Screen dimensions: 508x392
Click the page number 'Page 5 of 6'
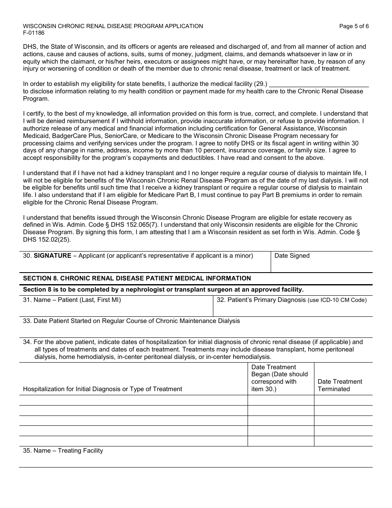pos(354,26)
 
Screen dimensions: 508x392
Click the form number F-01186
pos(34,33)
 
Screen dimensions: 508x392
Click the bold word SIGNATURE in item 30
pos(52,256)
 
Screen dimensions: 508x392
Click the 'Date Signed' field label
pos(292,256)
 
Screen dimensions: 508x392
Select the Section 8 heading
pos(137,278)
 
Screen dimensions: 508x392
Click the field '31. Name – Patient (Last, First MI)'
pos(72,300)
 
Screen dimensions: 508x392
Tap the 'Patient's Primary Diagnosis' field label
pos(261,300)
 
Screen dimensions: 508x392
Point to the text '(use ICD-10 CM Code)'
pos(337,300)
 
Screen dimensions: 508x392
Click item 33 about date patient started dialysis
pos(131,321)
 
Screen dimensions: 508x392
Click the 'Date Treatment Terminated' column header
pos(340,385)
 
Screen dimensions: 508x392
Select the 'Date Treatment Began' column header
pos(279,378)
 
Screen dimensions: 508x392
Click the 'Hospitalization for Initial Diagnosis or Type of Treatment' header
pos(102,389)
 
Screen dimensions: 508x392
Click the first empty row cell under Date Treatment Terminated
pos(343,400)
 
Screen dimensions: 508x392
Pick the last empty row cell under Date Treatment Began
pos(281,441)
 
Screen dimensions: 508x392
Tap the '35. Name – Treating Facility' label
pos(63,451)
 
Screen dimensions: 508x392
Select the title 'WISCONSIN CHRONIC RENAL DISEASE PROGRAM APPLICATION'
pos(113,26)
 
